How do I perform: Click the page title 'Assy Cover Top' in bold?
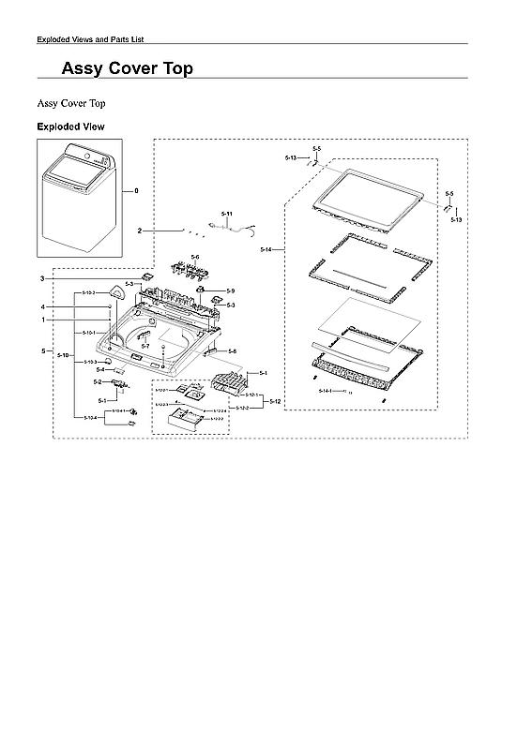(x=128, y=68)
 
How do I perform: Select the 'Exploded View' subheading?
(x=70, y=127)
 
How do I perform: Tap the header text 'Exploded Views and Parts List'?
(x=90, y=39)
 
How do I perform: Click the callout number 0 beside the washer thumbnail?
(x=136, y=191)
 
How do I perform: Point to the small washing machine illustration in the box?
(x=80, y=197)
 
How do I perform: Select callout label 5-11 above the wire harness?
(x=226, y=216)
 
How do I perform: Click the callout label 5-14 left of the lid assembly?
(x=266, y=250)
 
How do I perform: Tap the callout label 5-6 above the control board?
(x=195, y=257)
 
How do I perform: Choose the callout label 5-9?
(x=231, y=291)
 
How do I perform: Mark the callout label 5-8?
(x=233, y=350)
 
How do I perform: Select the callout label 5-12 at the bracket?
(x=275, y=401)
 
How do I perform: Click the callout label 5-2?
(x=99, y=382)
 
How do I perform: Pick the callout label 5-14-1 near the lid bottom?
(x=326, y=389)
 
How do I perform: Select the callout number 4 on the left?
(x=42, y=307)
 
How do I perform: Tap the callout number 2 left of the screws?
(x=140, y=231)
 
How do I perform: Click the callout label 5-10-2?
(x=89, y=293)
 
